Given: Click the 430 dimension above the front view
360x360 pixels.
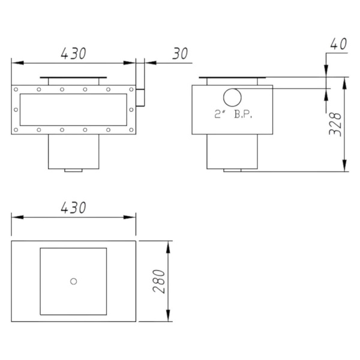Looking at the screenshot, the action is pos(73,53).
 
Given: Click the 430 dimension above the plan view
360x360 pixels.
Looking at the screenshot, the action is pos(73,208).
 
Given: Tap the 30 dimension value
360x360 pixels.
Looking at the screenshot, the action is pos(180,53).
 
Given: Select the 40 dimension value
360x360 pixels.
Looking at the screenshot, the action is pos(338,44).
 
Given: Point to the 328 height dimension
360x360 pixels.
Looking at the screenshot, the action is pos(335,124).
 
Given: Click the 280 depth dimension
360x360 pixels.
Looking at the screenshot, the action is pos(159,281).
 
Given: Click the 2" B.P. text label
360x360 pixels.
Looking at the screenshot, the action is pos(233,114).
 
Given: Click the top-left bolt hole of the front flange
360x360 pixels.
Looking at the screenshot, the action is pos(16,89).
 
